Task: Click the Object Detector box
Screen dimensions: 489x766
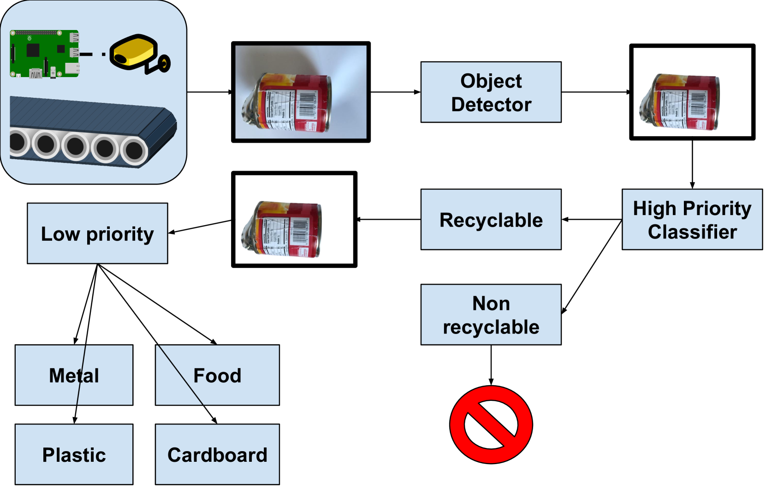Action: [491, 92]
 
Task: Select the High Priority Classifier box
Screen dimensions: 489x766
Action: [692, 220]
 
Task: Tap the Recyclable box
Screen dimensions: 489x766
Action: [491, 220]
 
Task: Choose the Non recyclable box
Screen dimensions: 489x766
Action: [491, 315]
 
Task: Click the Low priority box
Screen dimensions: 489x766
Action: [97, 233]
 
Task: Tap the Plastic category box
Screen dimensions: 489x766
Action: [74, 454]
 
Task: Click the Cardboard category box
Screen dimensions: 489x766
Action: [217, 454]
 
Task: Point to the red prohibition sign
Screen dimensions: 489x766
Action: [491, 424]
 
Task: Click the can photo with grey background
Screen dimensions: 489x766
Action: [301, 92]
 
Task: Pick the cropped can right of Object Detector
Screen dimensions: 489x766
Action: [680, 101]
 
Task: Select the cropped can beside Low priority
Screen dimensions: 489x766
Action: [282, 229]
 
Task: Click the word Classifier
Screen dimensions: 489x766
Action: [692, 232]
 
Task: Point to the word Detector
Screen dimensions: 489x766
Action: [491, 105]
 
